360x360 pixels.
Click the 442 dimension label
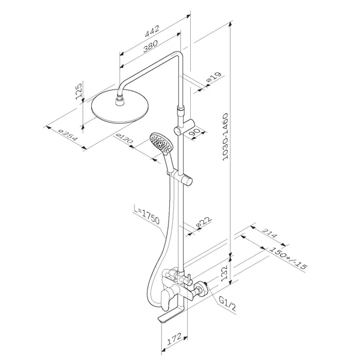click(152, 31)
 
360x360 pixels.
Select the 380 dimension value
click(151, 46)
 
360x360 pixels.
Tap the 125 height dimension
click(78, 91)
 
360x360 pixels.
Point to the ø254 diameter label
click(68, 136)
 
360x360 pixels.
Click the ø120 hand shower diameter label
click(124, 139)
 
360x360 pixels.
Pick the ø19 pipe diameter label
click(214, 77)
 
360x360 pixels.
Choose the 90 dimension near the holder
click(194, 131)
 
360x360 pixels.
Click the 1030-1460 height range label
click(226, 136)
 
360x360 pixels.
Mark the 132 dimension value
click(224, 272)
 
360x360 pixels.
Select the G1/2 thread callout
click(227, 304)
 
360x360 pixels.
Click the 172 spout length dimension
click(174, 339)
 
